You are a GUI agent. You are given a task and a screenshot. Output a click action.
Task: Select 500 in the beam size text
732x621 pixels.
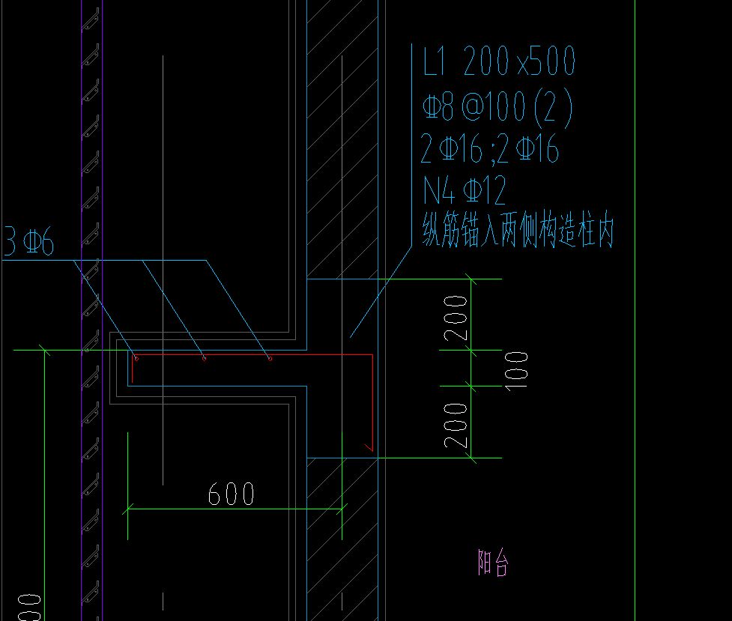click(x=548, y=61)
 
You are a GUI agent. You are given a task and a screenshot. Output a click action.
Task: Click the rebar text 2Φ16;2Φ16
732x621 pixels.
click(x=489, y=151)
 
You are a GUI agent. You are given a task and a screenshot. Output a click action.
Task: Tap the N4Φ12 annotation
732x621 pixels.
click(x=465, y=191)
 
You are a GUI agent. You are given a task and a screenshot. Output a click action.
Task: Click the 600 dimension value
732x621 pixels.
click(x=231, y=494)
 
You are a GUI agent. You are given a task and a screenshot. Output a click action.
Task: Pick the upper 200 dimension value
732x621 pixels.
click(x=456, y=318)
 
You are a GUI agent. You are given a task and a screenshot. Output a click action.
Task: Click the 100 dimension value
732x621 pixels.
click(x=517, y=369)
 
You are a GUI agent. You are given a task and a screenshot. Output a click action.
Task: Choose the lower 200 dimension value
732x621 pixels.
click(x=456, y=425)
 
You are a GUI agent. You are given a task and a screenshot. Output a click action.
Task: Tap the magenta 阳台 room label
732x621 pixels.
click(x=493, y=562)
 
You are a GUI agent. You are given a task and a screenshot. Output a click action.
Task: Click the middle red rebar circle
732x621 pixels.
click(x=204, y=358)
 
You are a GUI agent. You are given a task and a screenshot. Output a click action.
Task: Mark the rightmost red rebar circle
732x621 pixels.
click(x=270, y=358)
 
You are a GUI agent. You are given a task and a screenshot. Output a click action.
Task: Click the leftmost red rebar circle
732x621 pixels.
click(x=136, y=358)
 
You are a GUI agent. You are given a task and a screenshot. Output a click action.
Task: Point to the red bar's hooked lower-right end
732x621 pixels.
click(x=368, y=447)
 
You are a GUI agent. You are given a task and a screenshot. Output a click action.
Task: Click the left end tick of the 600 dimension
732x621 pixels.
click(x=128, y=509)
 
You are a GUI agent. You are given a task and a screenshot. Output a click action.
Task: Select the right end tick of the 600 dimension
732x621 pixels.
click(x=342, y=509)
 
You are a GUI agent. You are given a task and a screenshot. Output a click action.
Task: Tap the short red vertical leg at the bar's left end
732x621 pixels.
click(x=133, y=370)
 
